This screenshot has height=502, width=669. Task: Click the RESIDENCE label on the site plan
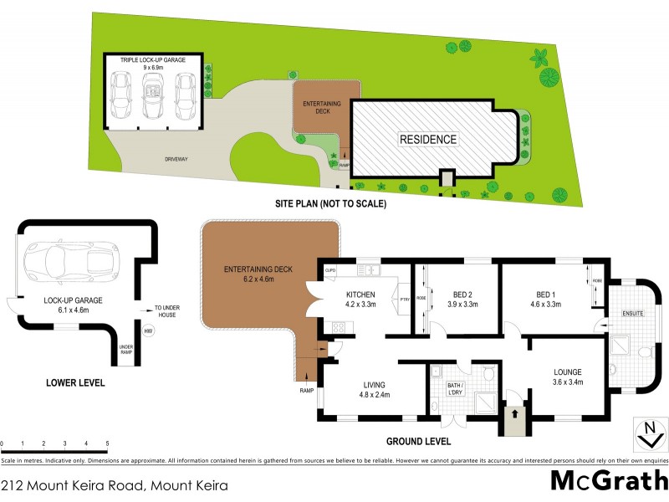pos(426,140)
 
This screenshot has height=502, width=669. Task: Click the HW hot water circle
pos(147,333)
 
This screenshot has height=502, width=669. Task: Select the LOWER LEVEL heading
pos(76,383)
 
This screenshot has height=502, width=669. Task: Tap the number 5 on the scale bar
pos(107,443)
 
